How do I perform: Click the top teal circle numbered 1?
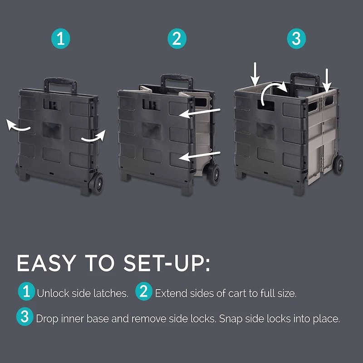pyautogui.click(x=61, y=39)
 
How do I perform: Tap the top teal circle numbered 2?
pyautogui.click(x=177, y=39)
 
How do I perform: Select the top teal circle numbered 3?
pyautogui.click(x=296, y=39)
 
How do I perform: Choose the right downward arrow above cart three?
pyautogui.click(x=327, y=78)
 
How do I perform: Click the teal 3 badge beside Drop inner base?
pyautogui.click(x=25, y=317)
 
